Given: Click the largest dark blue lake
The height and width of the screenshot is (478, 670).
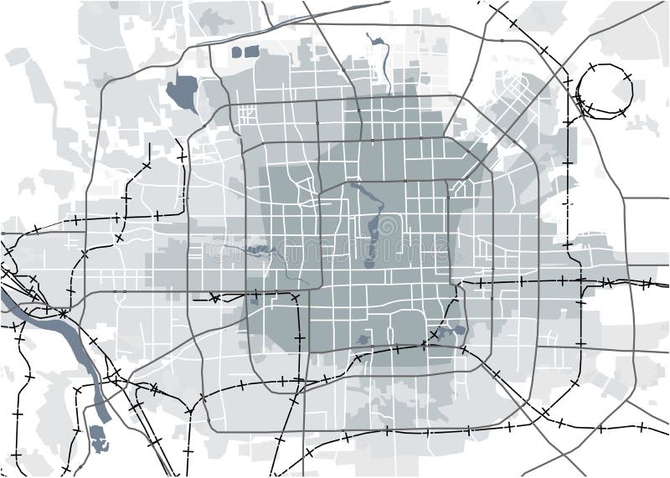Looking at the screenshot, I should (x=183, y=92).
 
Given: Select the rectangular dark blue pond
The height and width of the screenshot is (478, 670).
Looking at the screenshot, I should (x=252, y=51).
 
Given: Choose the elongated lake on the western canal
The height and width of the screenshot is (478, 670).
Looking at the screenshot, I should (x=260, y=249).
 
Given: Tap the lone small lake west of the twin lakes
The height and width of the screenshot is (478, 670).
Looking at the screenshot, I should (x=363, y=340).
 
